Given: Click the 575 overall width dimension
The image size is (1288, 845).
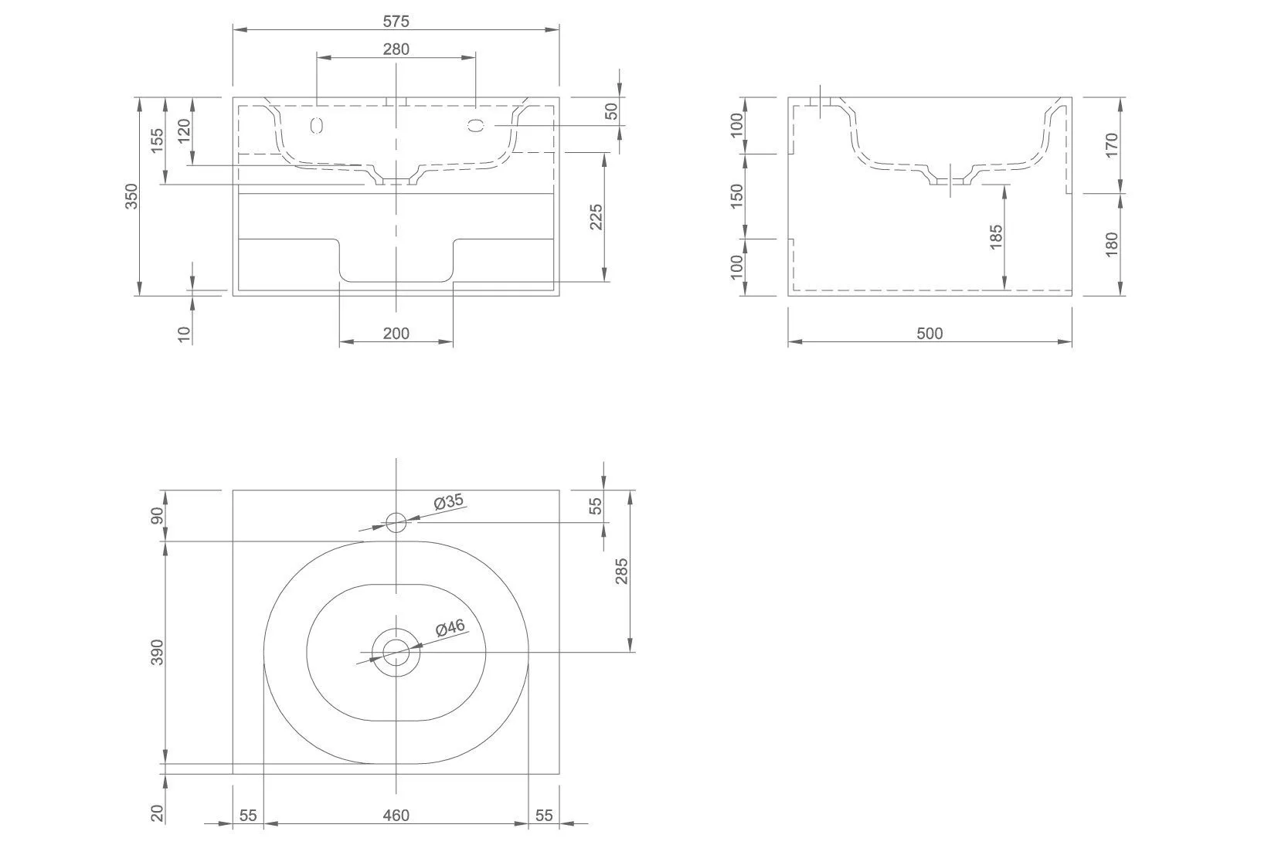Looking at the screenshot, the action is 396,22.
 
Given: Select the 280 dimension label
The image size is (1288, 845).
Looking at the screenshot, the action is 396,49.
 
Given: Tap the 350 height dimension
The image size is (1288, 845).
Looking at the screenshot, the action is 131,196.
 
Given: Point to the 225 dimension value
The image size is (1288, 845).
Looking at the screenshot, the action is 596,217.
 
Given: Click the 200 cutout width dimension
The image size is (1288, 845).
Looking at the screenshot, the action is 396,334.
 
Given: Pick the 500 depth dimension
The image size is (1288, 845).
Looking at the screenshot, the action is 929,334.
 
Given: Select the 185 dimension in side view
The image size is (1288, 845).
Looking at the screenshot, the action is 997,237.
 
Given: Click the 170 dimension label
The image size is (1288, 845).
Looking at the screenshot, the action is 1112,145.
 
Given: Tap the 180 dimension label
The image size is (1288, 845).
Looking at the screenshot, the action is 1112,244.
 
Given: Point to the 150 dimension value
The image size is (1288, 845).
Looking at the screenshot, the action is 736,196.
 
